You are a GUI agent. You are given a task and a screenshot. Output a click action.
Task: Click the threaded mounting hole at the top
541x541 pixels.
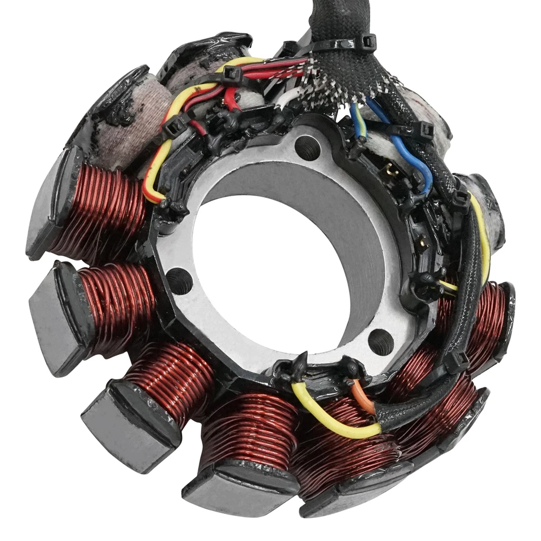(x=307, y=148)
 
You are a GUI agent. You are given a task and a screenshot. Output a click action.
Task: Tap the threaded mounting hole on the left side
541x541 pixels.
(x=179, y=280)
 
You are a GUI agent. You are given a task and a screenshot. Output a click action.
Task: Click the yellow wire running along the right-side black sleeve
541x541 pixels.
(x=482, y=237)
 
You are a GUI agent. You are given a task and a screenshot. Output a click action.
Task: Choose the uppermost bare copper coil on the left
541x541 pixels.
(x=101, y=206)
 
